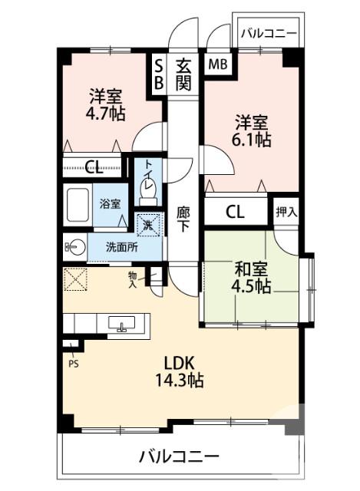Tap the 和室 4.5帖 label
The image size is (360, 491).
252,278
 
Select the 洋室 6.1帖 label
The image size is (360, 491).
252,130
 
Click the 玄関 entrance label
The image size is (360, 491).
183,74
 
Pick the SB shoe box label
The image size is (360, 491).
159,74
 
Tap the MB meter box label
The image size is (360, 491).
216,64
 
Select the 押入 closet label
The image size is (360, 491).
287,212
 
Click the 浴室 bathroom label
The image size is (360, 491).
110,204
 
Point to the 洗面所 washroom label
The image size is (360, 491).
122,247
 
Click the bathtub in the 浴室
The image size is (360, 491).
78,206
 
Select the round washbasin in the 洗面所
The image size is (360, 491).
74,247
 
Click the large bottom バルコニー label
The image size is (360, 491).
179,457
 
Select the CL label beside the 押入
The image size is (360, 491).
235,213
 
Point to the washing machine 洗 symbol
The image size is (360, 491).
150,223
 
